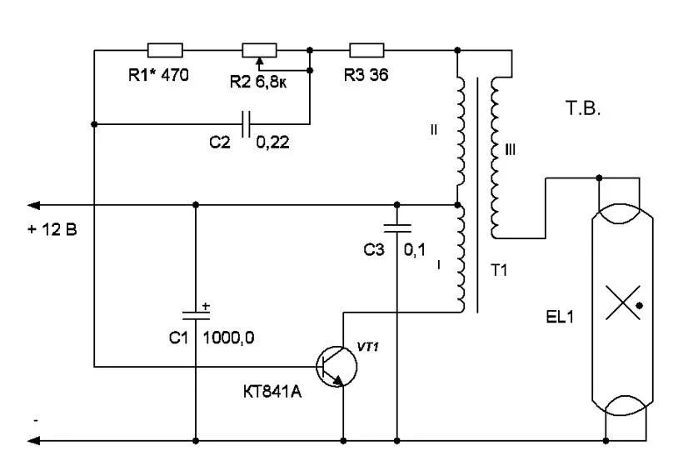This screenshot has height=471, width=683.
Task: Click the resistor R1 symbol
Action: click(164, 50)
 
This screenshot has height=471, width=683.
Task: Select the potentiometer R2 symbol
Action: click(258, 50)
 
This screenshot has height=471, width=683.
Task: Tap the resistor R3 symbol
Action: click(366, 50)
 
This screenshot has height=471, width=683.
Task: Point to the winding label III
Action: click(511, 149)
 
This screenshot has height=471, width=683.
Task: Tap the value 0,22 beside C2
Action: click(272, 143)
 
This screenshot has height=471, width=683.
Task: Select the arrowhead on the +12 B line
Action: click(33, 204)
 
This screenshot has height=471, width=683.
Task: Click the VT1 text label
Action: click(367, 347)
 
